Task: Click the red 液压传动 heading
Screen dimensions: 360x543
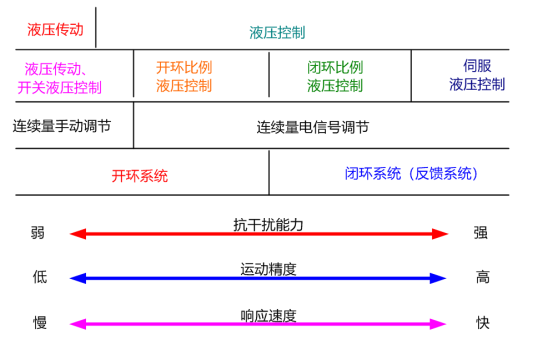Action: (55, 30)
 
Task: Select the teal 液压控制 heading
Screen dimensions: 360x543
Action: (277, 32)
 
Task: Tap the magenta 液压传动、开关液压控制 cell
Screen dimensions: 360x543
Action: (60, 78)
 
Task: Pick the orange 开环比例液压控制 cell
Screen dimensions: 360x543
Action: (184, 77)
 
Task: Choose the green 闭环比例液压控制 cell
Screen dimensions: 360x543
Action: (335, 77)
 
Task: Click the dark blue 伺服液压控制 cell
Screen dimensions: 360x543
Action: (477, 76)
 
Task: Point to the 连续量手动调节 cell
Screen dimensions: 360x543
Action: (62, 127)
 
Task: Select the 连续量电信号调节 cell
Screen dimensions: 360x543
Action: (313, 127)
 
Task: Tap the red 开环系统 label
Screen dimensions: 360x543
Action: (140, 176)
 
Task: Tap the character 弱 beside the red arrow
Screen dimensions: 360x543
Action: (38, 233)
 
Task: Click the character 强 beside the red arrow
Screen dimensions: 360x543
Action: (481, 233)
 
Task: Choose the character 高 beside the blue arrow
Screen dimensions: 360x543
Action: (483, 278)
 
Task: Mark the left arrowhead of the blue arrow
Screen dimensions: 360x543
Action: (76, 279)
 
